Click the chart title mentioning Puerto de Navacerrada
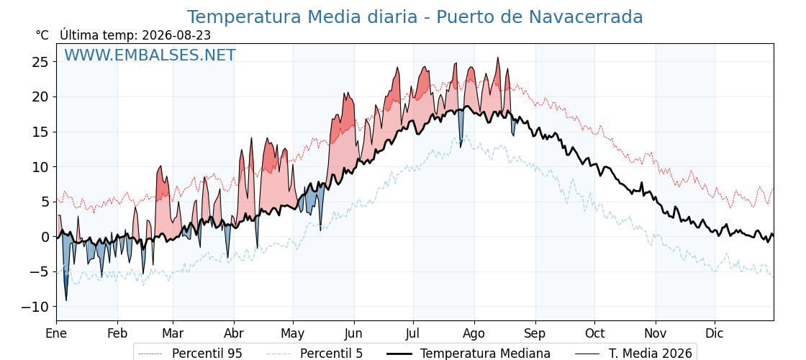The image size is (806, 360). [x=415, y=17]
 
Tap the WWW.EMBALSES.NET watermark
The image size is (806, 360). [x=150, y=55]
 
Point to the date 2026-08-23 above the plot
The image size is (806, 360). [x=176, y=35]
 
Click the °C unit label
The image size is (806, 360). [x=42, y=35]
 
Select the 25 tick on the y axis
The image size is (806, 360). [x=40, y=62]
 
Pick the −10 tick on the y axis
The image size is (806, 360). [x=35, y=307]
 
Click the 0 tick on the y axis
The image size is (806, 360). [x=45, y=237]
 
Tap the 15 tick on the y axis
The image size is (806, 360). [x=40, y=132]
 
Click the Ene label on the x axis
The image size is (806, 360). [x=56, y=334]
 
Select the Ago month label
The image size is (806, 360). [x=474, y=334]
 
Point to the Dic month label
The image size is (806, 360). [x=714, y=334]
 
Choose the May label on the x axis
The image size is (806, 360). [x=293, y=334]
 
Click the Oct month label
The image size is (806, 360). [x=594, y=334]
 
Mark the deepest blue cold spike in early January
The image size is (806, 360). [x=65, y=300]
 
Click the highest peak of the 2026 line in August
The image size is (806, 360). [x=497, y=58]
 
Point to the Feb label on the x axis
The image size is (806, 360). [x=117, y=334]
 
